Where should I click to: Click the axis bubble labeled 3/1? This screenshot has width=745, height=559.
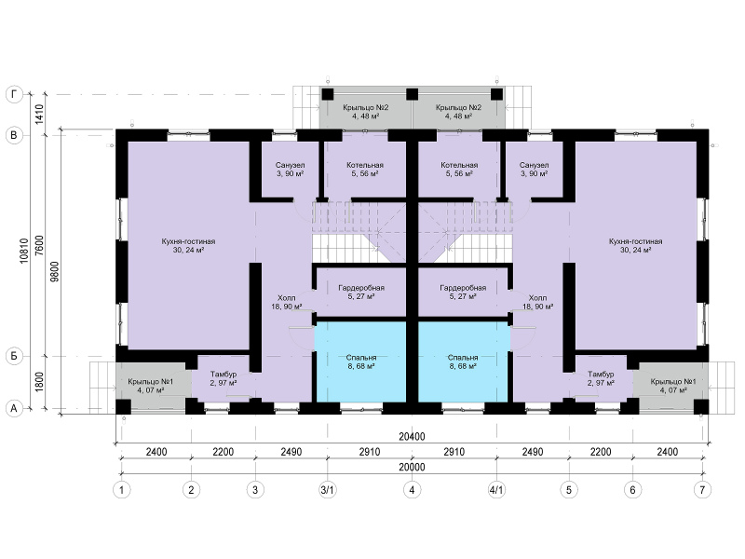[328, 490]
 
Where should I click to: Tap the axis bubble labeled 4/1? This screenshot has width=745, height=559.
[496, 490]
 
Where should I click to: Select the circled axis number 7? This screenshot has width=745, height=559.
[703, 490]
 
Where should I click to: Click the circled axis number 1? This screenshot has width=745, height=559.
[122, 490]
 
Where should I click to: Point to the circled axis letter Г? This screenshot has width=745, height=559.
[14, 95]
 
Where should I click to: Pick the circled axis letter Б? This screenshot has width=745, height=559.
[14, 356]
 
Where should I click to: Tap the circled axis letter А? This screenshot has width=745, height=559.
[14, 408]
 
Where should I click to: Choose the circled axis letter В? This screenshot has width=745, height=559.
[14, 135]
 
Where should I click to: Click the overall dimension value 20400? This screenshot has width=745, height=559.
[412, 436]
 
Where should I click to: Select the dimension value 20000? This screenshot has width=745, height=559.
[412, 467]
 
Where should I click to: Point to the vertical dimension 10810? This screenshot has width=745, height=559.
[25, 251]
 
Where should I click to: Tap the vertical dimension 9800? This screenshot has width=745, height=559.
[55, 272]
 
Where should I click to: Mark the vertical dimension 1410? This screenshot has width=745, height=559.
[39, 115]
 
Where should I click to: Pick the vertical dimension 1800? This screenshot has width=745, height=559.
[39, 382]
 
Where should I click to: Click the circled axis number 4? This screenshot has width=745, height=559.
[412, 490]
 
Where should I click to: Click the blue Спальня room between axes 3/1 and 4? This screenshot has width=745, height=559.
[360, 361]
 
